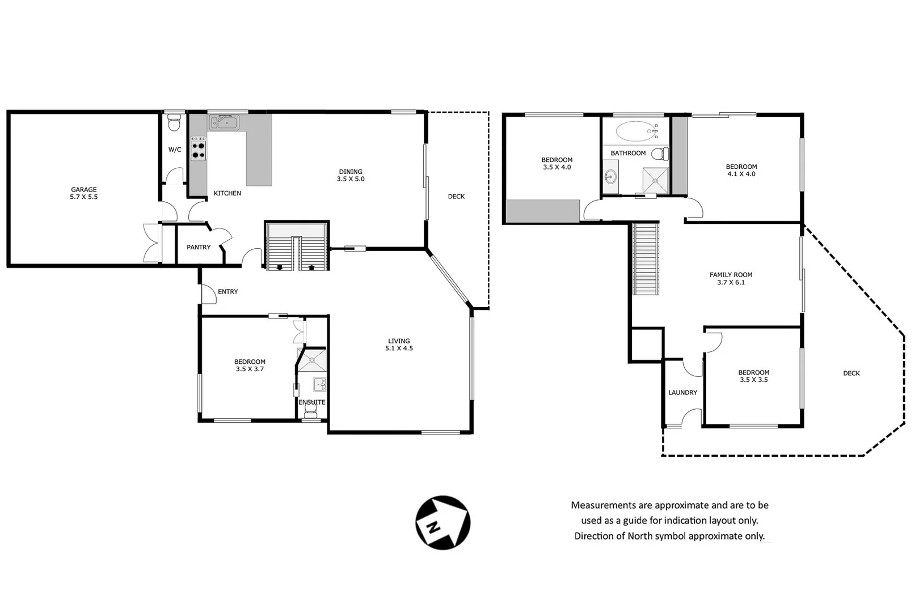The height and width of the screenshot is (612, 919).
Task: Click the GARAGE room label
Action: (x=84, y=193)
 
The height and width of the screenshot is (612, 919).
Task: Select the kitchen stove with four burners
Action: (x=198, y=148)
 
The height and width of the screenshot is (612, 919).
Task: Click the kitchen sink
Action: (x=225, y=122)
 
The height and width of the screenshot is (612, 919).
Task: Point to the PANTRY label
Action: (x=199, y=247)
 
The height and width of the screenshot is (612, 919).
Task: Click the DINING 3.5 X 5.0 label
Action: (x=351, y=175)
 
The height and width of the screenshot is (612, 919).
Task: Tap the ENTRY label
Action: (x=228, y=291)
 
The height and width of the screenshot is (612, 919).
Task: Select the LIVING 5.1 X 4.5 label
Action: (x=399, y=345)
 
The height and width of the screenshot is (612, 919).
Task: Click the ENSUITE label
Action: (x=312, y=402)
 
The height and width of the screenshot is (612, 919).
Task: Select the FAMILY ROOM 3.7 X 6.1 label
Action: (x=731, y=278)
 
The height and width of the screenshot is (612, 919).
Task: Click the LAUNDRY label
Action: (x=682, y=392)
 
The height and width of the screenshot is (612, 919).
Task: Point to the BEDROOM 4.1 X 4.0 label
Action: (x=741, y=170)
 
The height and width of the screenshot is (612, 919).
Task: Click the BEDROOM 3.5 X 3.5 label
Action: (x=753, y=376)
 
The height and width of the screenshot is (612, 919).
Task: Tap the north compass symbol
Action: (x=443, y=522)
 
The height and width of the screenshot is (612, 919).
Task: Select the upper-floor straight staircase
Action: (x=646, y=259)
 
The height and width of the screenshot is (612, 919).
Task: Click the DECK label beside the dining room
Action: (x=456, y=196)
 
